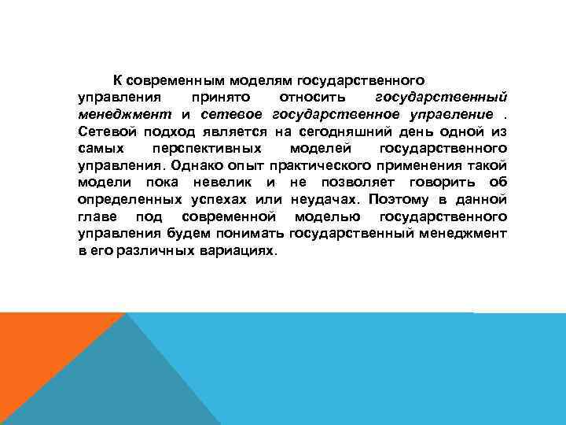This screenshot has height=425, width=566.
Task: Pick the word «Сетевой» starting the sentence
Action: point(105,131)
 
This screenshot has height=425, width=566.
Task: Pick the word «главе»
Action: point(97,216)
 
